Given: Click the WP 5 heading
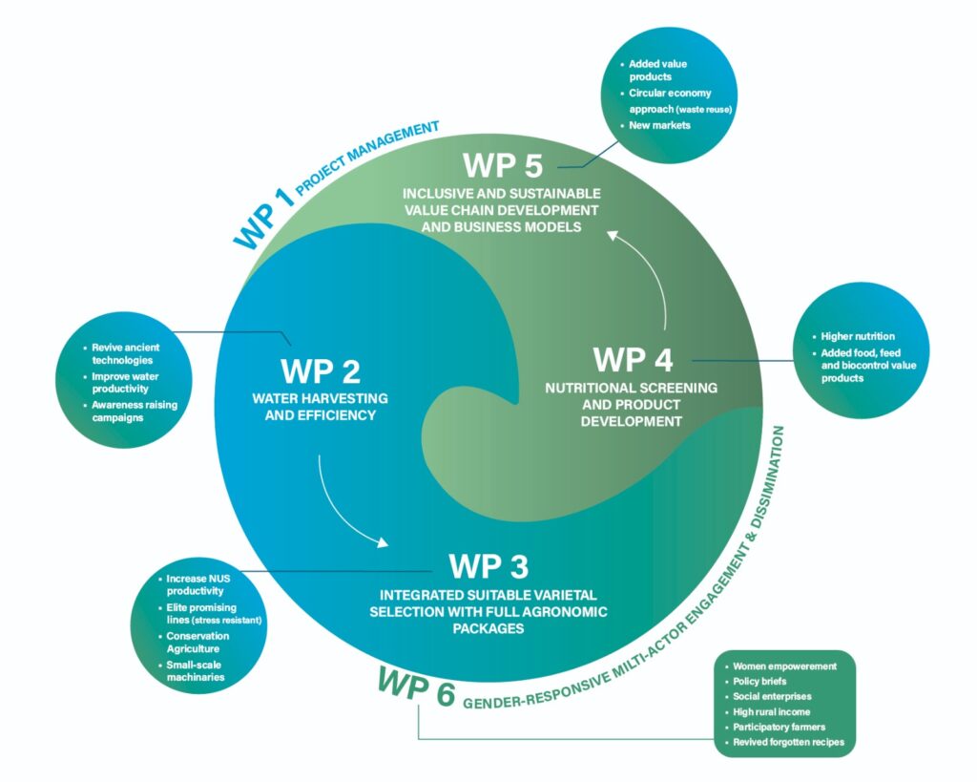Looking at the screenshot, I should pyautogui.click(x=502, y=165).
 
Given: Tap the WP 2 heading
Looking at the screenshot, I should pyautogui.click(x=321, y=371).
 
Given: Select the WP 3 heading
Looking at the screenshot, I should pyautogui.click(x=488, y=566).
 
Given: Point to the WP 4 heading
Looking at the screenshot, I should pyautogui.click(x=633, y=360).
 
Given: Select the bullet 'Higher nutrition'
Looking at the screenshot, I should pyautogui.click(x=858, y=336).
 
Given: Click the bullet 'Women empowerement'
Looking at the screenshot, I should pyautogui.click(x=783, y=666).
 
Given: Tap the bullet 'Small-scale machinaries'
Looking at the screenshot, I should pyautogui.click(x=198, y=671).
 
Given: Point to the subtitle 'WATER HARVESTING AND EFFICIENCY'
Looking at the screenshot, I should pyautogui.click(x=321, y=406).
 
